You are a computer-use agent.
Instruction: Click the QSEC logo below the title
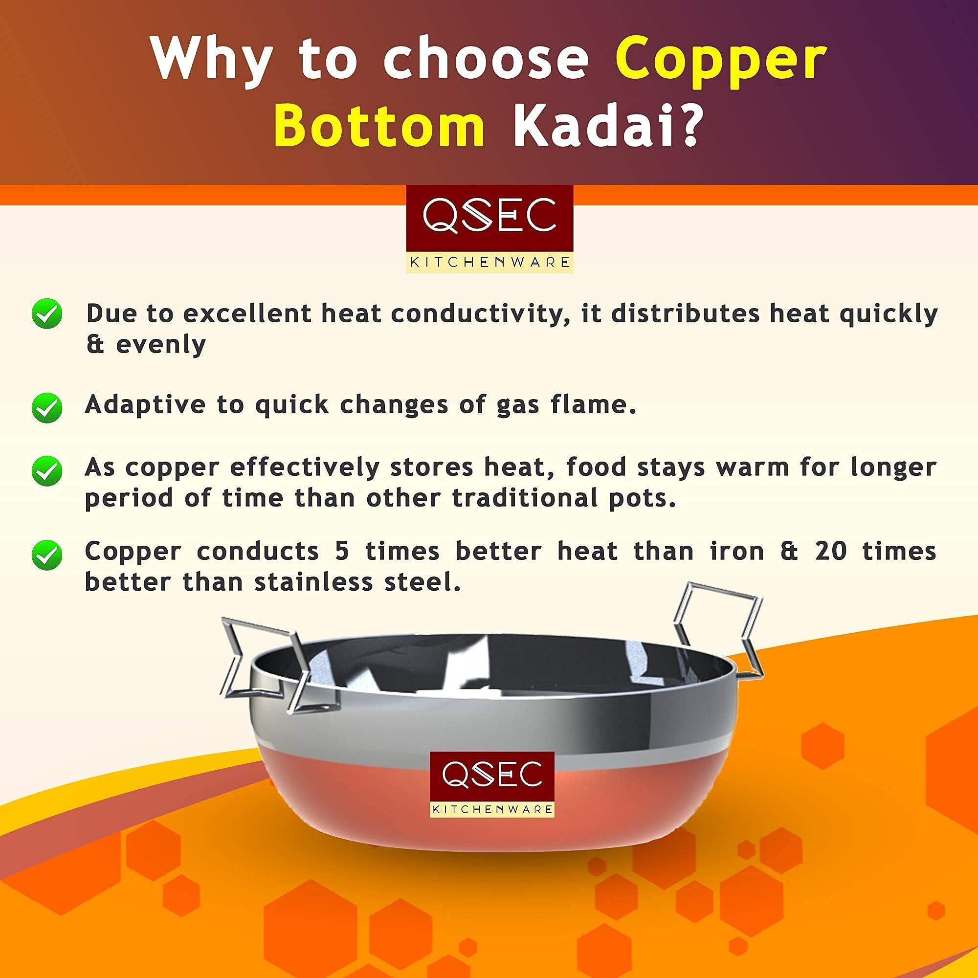(489, 229)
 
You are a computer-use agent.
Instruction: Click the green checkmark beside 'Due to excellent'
(46, 314)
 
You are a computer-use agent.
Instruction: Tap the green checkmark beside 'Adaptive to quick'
(46, 407)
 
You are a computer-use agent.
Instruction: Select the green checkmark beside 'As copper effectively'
(46, 471)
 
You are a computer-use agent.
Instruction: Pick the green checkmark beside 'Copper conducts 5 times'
(46, 555)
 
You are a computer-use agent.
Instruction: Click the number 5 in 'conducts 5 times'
(342, 551)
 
